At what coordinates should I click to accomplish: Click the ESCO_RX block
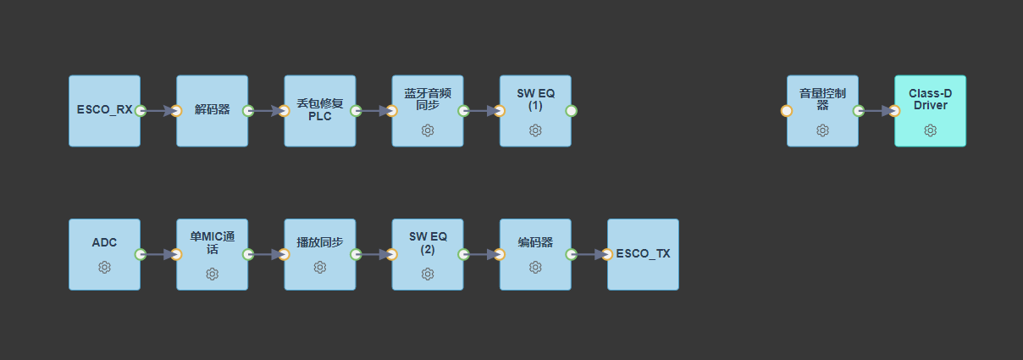[x=104, y=111]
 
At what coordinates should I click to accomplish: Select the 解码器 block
[x=213, y=111]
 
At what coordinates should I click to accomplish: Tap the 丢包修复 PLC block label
[x=320, y=109]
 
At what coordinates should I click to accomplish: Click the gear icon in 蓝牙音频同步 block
[x=428, y=130]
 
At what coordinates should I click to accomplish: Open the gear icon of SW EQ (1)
[x=535, y=130]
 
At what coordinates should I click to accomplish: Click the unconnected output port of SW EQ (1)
[x=571, y=111]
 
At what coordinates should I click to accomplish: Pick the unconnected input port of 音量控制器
[x=787, y=111]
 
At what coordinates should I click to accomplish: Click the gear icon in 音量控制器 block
[x=822, y=130]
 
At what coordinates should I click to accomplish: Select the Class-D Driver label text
[x=931, y=99]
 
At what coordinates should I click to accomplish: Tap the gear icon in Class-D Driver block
[x=931, y=130]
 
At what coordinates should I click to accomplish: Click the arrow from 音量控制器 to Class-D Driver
[x=876, y=111]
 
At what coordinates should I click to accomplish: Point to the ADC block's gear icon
[x=104, y=268]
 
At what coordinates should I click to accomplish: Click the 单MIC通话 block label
[x=213, y=242]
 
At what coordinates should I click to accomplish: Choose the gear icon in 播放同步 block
[x=320, y=268]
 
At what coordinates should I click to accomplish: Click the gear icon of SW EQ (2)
[x=428, y=274]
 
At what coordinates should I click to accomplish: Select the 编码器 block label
[x=535, y=242]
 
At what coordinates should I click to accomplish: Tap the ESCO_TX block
[x=643, y=254]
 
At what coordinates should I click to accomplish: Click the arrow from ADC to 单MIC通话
[x=158, y=254]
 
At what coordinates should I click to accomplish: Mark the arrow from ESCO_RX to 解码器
[x=158, y=111]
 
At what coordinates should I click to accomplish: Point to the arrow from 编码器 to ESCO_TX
[x=589, y=254]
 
